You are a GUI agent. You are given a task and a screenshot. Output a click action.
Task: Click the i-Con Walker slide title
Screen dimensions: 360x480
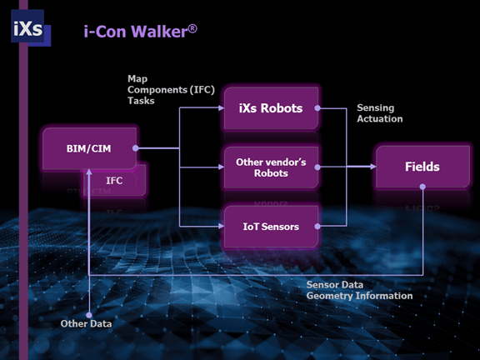click(138, 32)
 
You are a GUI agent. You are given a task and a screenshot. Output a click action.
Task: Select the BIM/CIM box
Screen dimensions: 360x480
click(89, 149)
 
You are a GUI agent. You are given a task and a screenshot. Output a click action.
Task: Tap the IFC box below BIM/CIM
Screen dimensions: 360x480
click(115, 180)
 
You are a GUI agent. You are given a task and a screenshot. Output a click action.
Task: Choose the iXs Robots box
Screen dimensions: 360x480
click(271, 109)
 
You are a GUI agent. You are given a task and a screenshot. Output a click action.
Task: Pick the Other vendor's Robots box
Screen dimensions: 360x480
click(271, 167)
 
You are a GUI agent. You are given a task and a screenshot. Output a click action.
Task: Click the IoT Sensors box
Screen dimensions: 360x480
click(271, 226)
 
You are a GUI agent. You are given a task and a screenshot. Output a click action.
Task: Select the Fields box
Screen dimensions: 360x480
click(422, 167)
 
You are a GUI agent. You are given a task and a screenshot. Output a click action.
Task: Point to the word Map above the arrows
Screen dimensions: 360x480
click(137, 78)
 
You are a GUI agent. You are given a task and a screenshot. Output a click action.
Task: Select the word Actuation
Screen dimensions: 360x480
click(380, 119)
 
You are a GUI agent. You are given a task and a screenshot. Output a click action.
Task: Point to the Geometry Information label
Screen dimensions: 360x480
click(359, 296)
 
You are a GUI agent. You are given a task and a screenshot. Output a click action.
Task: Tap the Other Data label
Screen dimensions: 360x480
click(87, 323)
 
